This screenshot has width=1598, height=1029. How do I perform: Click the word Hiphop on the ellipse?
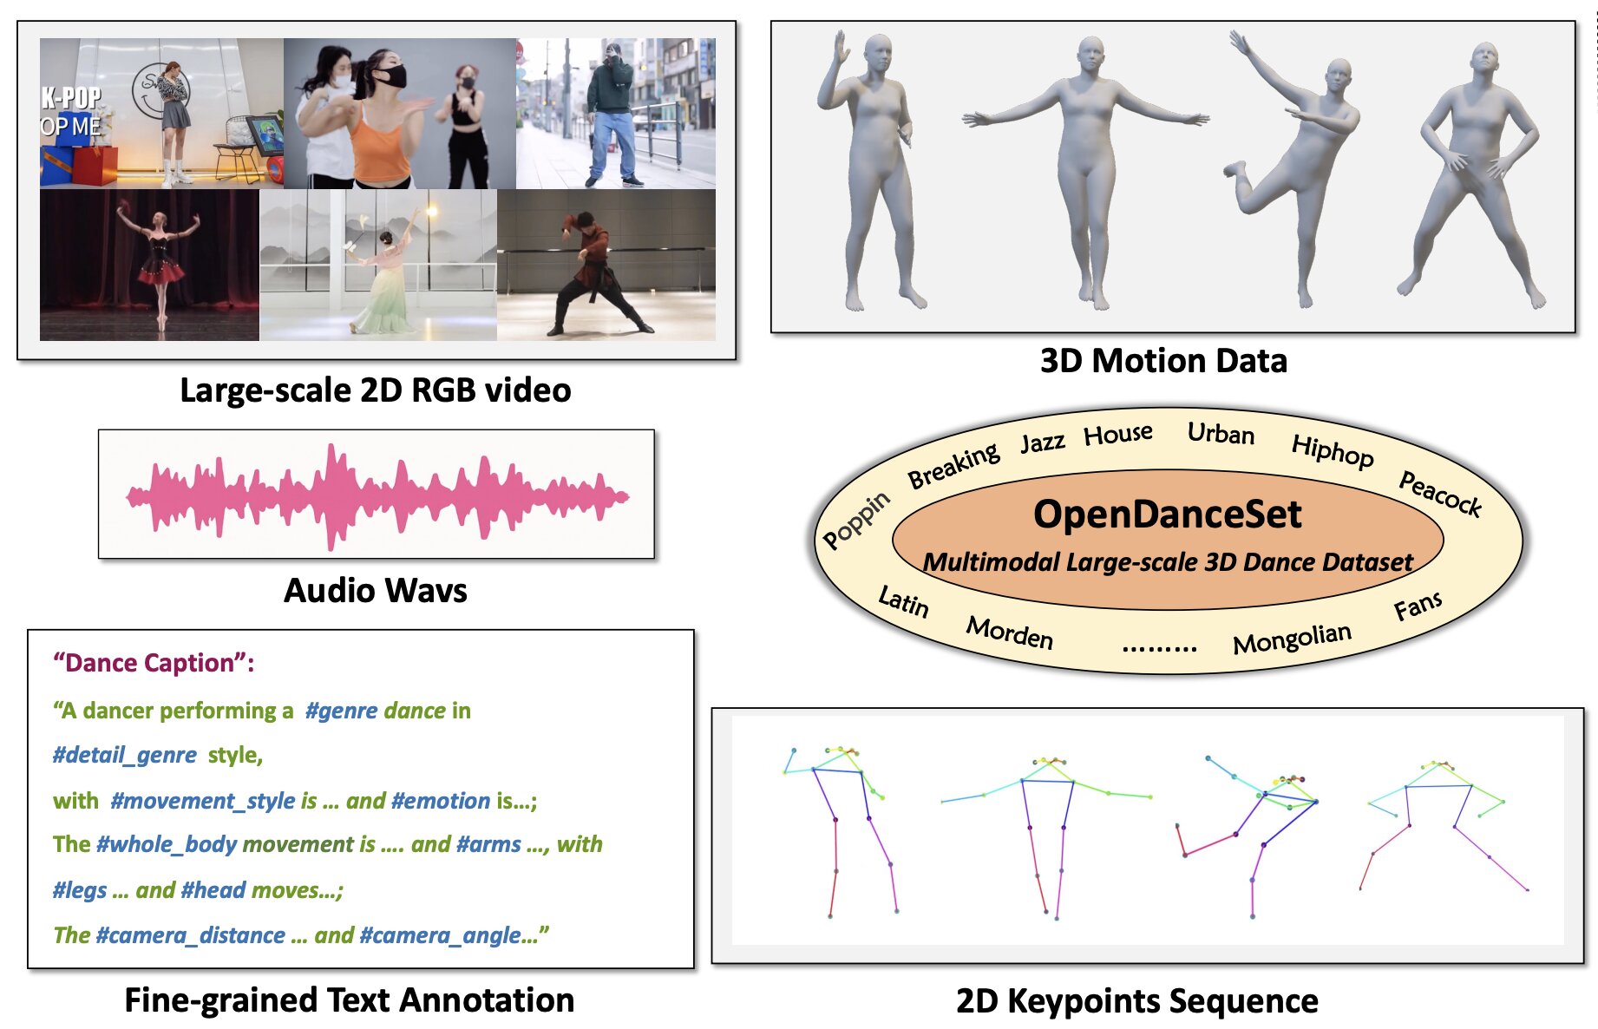[x=1333, y=450]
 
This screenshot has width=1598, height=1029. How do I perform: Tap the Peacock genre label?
[x=1440, y=493]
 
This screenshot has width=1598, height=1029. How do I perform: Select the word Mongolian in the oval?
[x=1292, y=639]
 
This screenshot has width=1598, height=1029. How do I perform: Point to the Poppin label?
[x=856, y=519]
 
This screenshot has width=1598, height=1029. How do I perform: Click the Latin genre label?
[x=903, y=601]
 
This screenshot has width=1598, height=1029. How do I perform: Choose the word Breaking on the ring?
[x=953, y=465]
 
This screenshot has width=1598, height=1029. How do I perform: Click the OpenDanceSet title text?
[x=1167, y=514]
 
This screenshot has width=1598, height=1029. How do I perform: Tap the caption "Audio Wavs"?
[x=376, y=591]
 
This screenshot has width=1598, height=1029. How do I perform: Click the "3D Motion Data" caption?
[x=1163, y=360]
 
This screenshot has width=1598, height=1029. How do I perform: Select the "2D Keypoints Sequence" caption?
[x=1136, y=1001]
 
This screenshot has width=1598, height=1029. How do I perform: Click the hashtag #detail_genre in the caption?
[x=125, y=755]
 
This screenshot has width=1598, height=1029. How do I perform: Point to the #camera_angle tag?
[x=442, y=935]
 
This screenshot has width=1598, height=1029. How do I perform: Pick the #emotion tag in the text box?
[x=441, y=801]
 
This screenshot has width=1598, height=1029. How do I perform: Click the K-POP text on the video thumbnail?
[x=71, y=98]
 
